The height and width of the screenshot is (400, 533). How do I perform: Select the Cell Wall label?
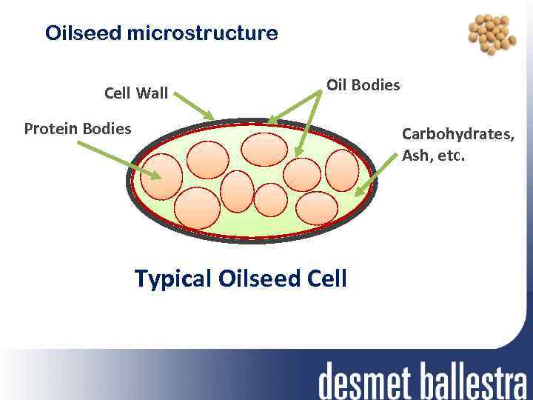pyautogui.click(x=136, y=93)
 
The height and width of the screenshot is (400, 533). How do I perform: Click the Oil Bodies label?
pyautogui.click(x=363, y=84)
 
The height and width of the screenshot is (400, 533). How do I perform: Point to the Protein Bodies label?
pyautogui.click(x=78, y=129)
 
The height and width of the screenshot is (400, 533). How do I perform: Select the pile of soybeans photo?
pyautogui.click(x=492, y=33)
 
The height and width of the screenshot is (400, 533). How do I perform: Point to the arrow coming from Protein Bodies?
pyautogui.click(x=118, y=159)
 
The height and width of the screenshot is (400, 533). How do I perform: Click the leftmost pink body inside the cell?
pyautogui.click(x=161, y=178)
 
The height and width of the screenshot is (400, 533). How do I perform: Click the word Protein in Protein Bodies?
pyautogui.click(x=51, y=129)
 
